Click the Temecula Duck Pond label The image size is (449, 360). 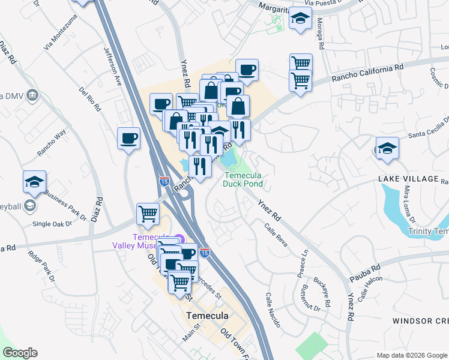pyautogui.click(x=243, y=179)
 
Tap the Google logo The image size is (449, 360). pyautogui.click(x=20, y=353)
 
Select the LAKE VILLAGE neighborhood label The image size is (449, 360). pyautogui.click(x=409, y=179)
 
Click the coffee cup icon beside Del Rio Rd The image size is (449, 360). pyautogui.click(x=129, y=139)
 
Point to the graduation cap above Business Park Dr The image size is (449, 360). pyautogui.click(x=34, y=182)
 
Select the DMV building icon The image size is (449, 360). pyautogui.click(x=32, y=95)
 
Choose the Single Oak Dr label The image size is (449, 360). pyautogui.click(x=52, y=224)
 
